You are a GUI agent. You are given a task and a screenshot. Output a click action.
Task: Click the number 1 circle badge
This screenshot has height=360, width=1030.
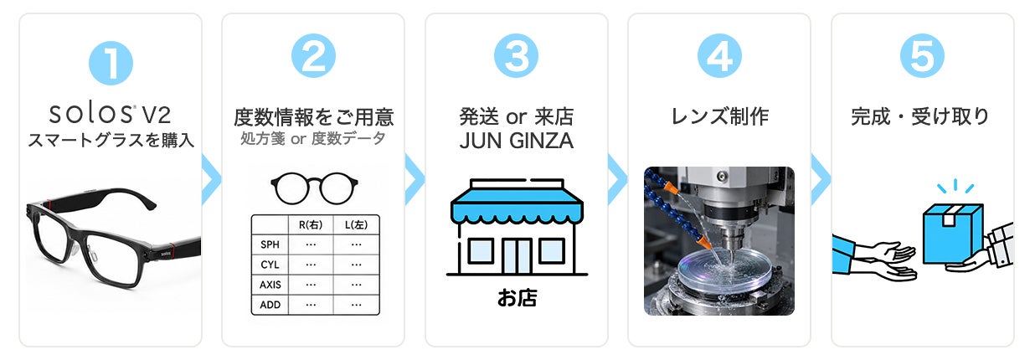pos(111,63)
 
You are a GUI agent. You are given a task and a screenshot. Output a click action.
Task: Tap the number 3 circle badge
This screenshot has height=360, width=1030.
pos(516,55)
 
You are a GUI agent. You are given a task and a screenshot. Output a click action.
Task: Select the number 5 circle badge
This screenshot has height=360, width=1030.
pos(922,55)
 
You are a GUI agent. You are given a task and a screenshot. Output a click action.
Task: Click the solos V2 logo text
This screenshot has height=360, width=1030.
pos(111,114)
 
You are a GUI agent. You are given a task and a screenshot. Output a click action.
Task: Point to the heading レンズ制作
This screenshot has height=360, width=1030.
pos(719,116)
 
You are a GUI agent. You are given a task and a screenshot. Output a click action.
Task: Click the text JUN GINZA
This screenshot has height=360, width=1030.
pos(517,141)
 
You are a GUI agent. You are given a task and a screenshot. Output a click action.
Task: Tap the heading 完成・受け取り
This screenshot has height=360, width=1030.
pos(920,116)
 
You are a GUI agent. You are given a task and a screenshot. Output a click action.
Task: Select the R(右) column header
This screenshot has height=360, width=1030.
pos(311,225)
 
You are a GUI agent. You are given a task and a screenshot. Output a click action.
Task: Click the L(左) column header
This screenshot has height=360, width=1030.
pos(356,225)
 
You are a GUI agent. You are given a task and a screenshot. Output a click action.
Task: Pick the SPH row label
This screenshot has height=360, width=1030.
pos(270,244)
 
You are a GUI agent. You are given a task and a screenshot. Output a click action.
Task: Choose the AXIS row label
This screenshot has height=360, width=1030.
pos(270,285)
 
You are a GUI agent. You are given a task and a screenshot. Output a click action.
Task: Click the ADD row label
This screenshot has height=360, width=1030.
pos(270,305)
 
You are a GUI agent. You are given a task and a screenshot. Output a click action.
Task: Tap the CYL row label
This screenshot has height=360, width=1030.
pos(270,265)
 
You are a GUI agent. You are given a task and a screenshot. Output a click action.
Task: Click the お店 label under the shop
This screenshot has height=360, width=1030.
pos(517,298)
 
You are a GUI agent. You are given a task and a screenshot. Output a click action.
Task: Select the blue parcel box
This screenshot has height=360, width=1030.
pos(952,234)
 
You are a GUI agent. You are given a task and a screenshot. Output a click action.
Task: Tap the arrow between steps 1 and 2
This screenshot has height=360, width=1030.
pos(211,179)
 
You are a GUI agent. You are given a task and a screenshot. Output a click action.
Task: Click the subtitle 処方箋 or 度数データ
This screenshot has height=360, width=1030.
pos(312,138)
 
